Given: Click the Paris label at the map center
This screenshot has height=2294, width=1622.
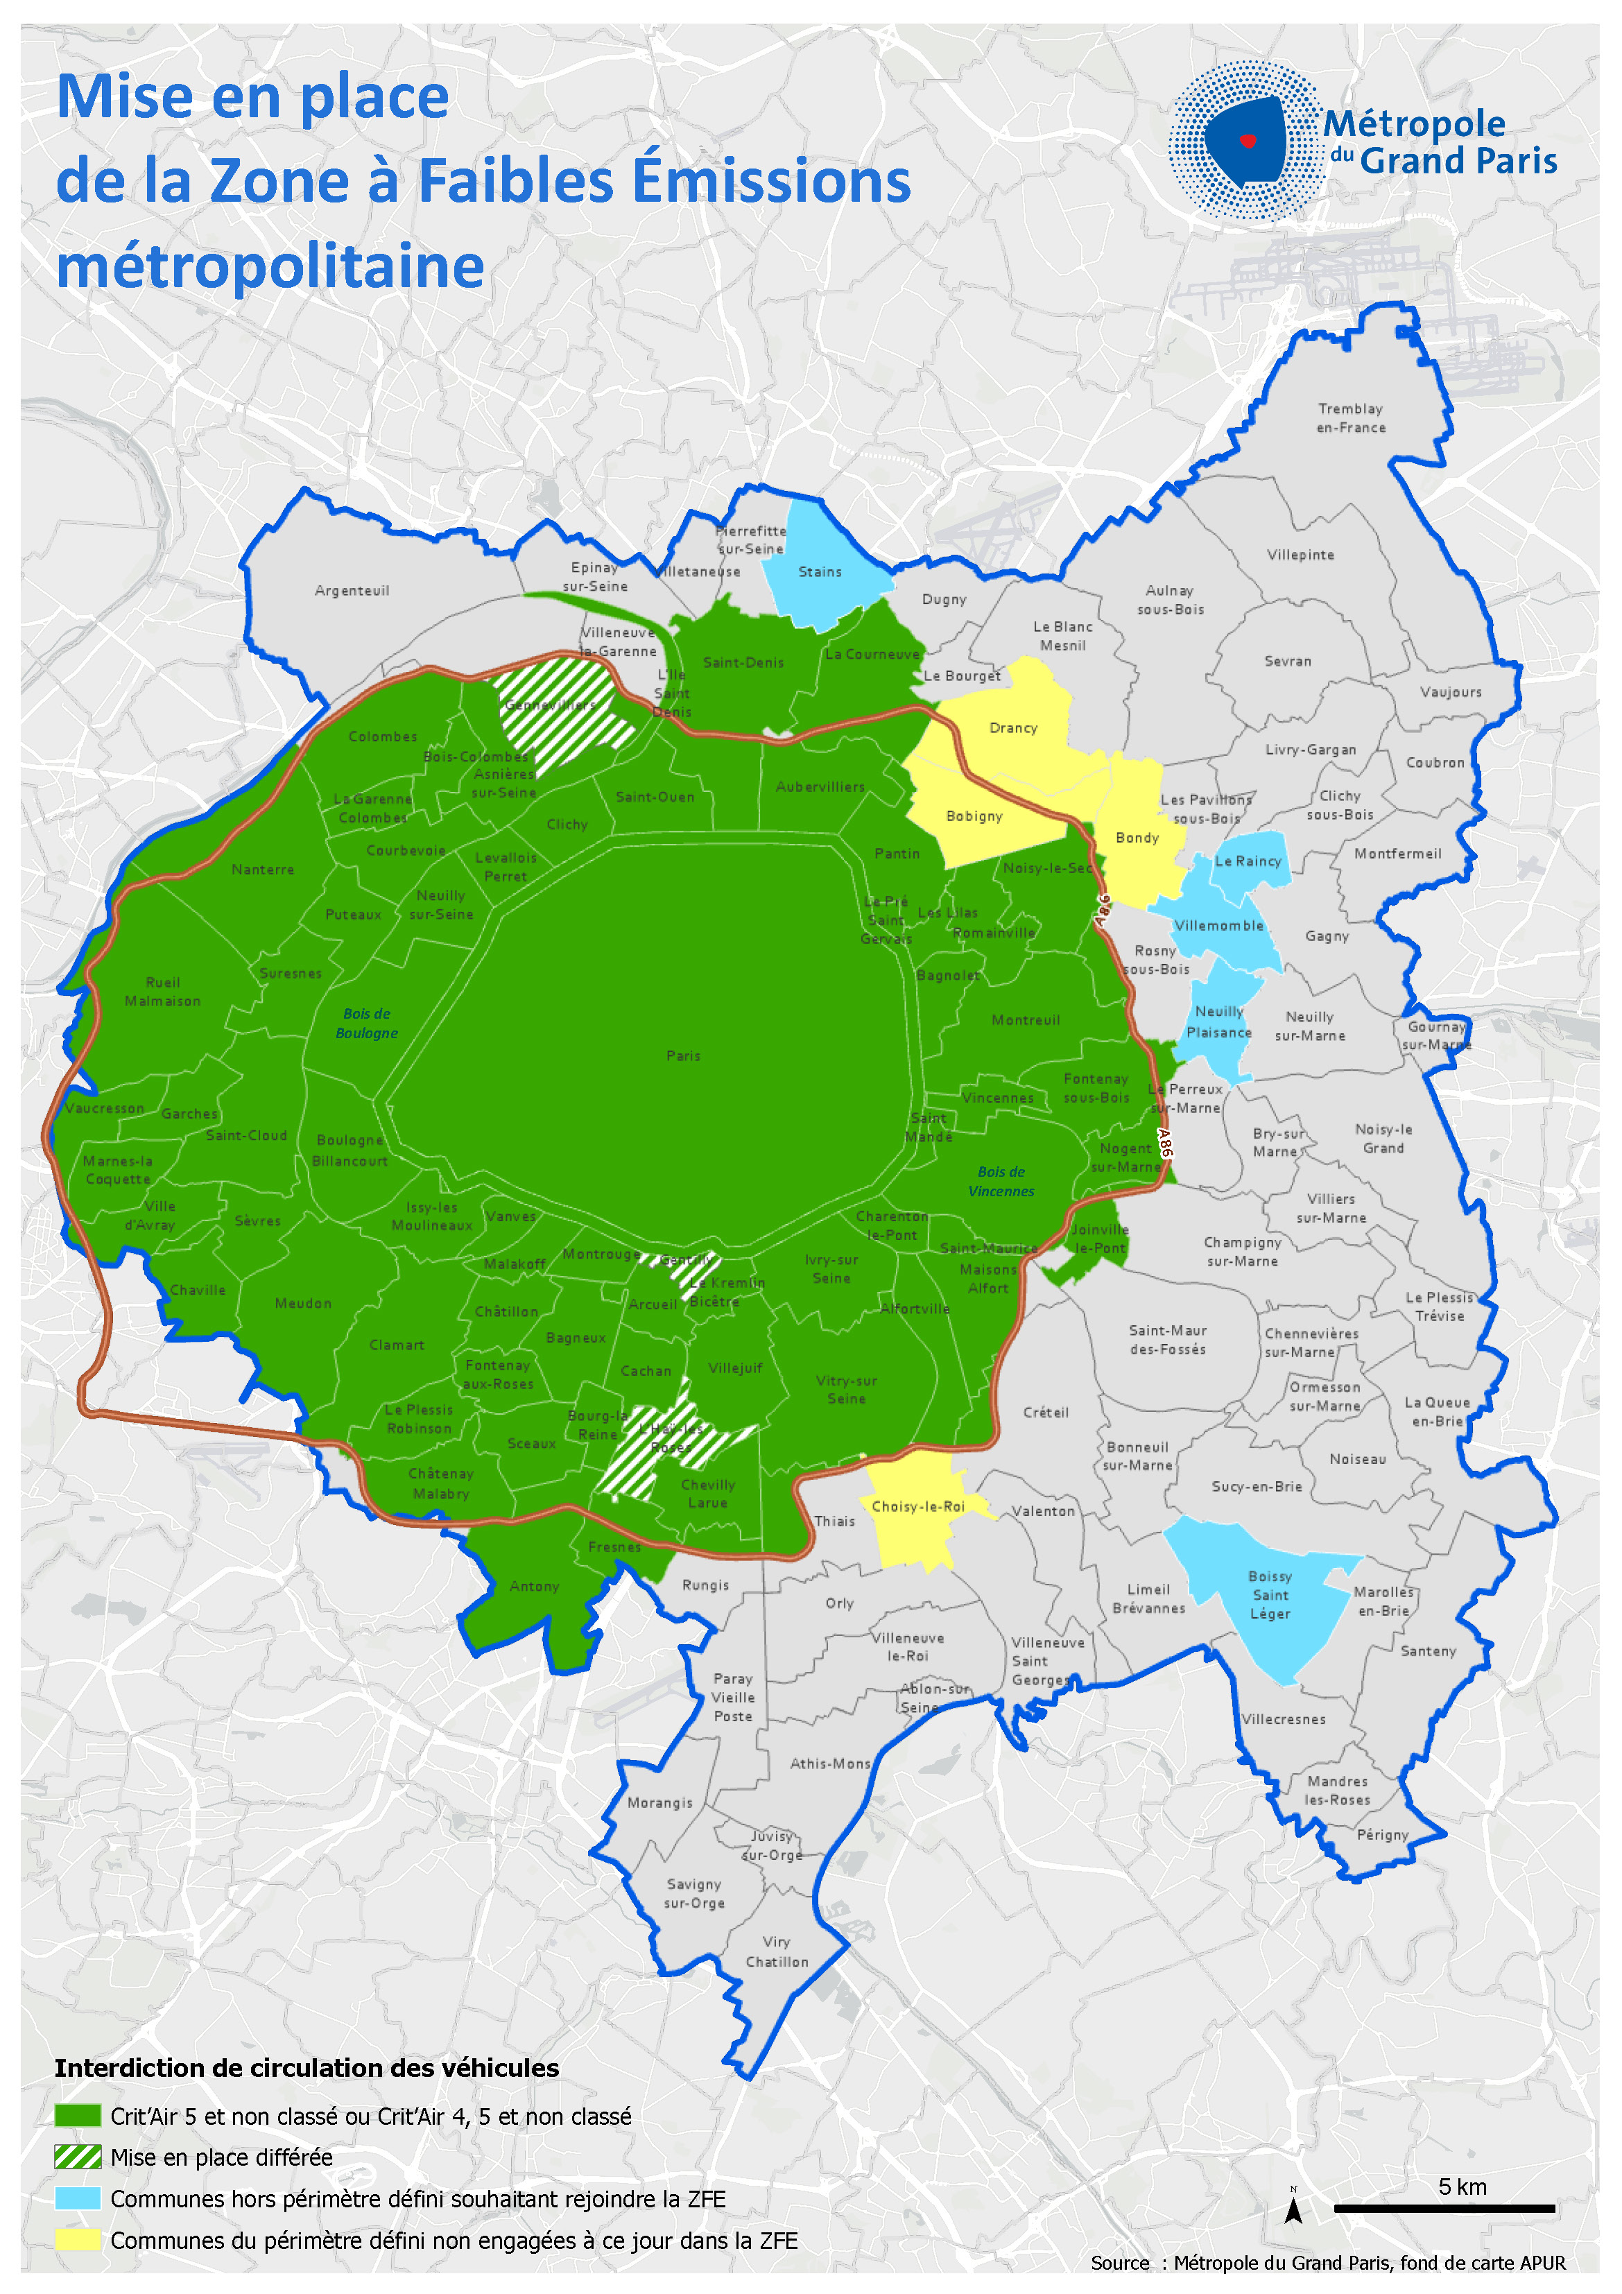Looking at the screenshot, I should click(x=684, y=1056).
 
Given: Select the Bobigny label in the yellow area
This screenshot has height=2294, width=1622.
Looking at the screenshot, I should click(x=974, y=816).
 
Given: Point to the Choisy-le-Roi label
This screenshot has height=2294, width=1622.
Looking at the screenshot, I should click(x=918, y=1507).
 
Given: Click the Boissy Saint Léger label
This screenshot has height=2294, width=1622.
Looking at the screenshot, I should click(x=1270, y=1594).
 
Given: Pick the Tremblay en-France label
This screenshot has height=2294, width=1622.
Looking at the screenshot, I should click(x=1351, y=417).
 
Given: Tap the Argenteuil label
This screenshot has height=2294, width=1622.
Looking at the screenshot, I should click(x=352, y=590).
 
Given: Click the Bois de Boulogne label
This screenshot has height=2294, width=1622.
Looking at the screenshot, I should click(x=367, y=1023).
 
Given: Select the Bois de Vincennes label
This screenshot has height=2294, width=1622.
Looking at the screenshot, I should click(x=1001, y=1181).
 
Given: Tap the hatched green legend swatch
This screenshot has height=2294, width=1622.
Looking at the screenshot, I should click(x=78, y=2157).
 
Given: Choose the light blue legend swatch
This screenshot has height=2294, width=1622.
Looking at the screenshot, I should click(x=78, y=2198).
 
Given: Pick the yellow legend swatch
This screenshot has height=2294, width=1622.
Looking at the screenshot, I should click(x=78, y=2239).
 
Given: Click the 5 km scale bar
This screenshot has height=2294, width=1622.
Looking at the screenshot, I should click(x=1444, y=2208).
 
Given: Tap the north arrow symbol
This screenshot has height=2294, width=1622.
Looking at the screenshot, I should click(x=1293, y=2209).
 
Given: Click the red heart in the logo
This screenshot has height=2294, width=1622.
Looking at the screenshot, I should click(x=1248, y=141).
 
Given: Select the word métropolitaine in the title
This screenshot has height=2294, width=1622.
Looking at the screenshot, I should click(x=270, y=267).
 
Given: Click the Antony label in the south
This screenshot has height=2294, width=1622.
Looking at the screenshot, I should click(x=535, y=1587).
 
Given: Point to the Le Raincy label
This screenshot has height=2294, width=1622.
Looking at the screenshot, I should click(x=1248, y=861).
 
